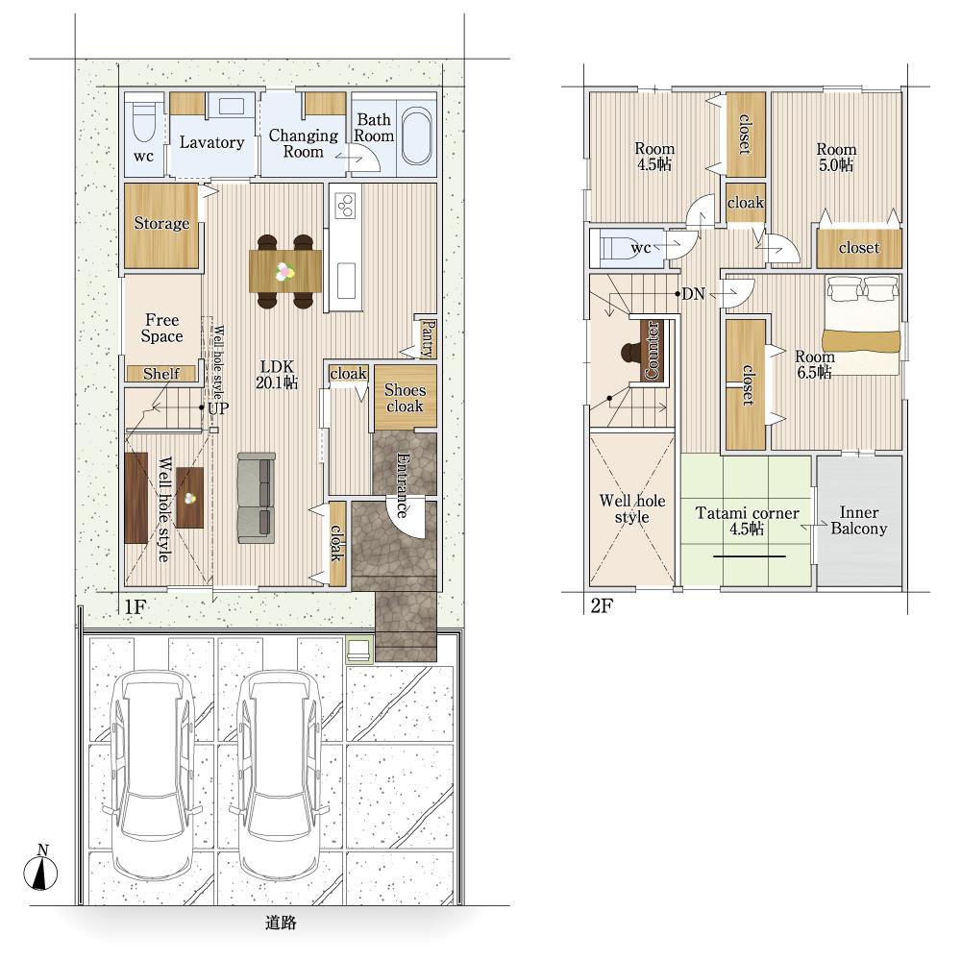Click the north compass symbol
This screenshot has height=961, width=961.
40,869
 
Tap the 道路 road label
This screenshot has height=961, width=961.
281,923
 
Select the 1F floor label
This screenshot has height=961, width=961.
135,606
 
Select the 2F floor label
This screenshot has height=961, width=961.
602,605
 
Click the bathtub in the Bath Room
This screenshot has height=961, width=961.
417,136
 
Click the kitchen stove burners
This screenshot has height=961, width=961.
346,206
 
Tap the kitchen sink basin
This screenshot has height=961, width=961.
346,281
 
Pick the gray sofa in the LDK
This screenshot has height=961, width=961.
257,498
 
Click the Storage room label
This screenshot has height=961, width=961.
161,223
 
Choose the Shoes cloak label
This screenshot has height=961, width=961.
405,398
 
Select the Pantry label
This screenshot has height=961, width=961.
429,338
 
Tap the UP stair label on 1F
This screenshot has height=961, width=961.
218,408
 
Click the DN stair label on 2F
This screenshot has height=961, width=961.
694,294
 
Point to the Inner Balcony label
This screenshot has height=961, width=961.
858,520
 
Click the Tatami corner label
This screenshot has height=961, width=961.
747,513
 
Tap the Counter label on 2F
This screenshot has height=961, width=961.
652,349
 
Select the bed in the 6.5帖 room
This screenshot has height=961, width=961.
861,325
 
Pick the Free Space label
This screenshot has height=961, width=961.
161,328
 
